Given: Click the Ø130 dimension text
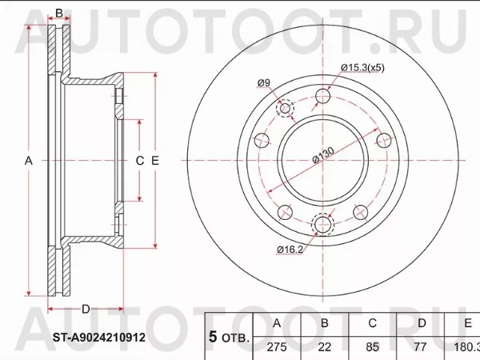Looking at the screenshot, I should coord(324,152).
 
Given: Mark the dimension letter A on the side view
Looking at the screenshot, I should coord(28,161).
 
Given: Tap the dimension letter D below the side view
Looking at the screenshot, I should coord(86,308).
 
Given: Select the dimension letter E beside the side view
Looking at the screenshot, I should coord(155,161).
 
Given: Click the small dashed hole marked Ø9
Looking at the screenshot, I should coord(286,109).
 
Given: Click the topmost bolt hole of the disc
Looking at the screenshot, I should coord(323,97).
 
